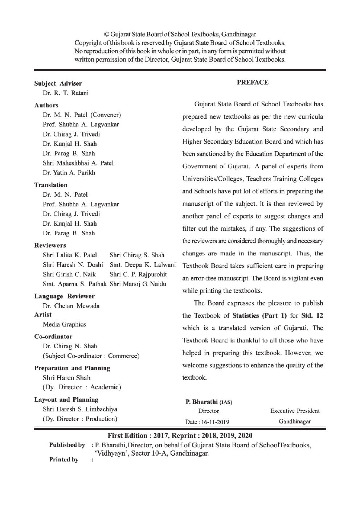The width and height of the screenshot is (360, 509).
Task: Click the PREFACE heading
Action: [253, 82]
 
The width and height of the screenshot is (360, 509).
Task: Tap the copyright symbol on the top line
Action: [106, 35]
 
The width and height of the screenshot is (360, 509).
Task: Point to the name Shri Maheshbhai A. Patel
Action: [78, 163]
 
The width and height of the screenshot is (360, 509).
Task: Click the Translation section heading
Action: [51, 185]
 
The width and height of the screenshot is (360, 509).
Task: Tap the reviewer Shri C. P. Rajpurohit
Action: [138, 274]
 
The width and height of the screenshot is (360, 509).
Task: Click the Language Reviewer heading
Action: [64, 296]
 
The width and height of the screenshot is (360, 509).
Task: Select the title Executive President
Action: [295, 411]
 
